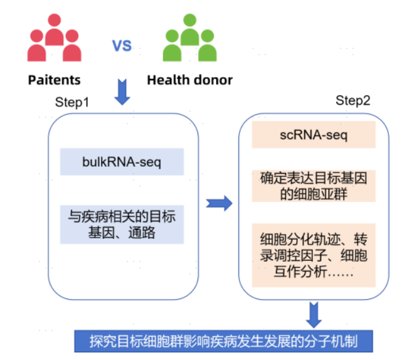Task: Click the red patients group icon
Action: (x=55, y=39)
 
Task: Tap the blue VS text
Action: (x=122, y=45)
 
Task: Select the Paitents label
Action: (x=54, y=80)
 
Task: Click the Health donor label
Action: (x=189, y=80)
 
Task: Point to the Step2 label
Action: (x=353, y=100)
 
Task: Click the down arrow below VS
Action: (x=122, y=93)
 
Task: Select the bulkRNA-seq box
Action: (x=122, y=162)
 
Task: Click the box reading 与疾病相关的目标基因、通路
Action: (x=122, y=225)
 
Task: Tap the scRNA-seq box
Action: (x=314, y=135)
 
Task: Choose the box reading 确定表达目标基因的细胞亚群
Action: (x=314, y=186)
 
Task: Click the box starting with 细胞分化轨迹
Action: (x=314, y=255)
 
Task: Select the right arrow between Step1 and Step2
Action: (x=219, y=203)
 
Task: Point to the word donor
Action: (x=211, y=80)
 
